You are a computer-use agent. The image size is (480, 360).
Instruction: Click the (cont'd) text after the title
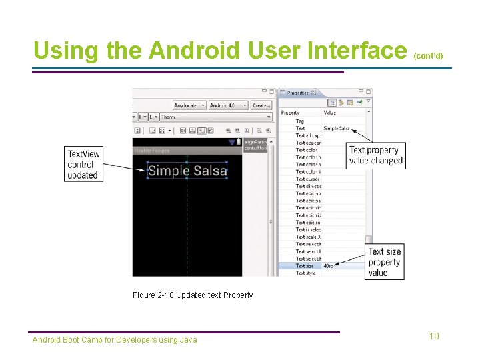click(x=428, y=56)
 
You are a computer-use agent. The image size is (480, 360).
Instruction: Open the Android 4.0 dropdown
click(x=227, y=105)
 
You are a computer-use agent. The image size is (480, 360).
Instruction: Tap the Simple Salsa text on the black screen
click(x=187, y=171)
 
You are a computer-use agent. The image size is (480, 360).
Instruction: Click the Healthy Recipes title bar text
click(x=150, y=150)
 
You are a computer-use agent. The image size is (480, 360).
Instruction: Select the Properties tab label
click(x=297, y=93)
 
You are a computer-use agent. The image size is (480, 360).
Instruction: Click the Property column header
click(x=291, y=113)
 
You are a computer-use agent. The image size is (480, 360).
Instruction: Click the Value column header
click(x=330, y=113)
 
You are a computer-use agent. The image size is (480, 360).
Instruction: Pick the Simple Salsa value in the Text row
click(x=336, y=128)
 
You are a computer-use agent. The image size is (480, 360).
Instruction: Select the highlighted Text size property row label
click(x=305, y=265)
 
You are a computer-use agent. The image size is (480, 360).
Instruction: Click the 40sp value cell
click(x=329, y=265)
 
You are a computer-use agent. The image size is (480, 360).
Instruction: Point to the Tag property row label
click(x=300, y=121)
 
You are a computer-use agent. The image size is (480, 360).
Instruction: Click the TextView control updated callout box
click(x=83, y=164)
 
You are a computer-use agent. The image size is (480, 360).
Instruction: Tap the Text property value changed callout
click(x=376, y=155)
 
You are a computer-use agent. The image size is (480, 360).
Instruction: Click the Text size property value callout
click(x=385, y=262)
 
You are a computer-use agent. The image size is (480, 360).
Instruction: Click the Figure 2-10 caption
click(x=193, y=295)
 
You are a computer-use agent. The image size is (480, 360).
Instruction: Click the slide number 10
click(x=434, y=336)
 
